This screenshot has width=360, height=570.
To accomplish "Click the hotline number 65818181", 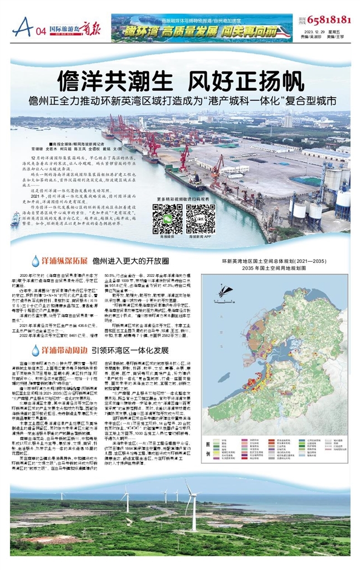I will [329, 20].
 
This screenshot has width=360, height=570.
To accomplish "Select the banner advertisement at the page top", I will [201, 28].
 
